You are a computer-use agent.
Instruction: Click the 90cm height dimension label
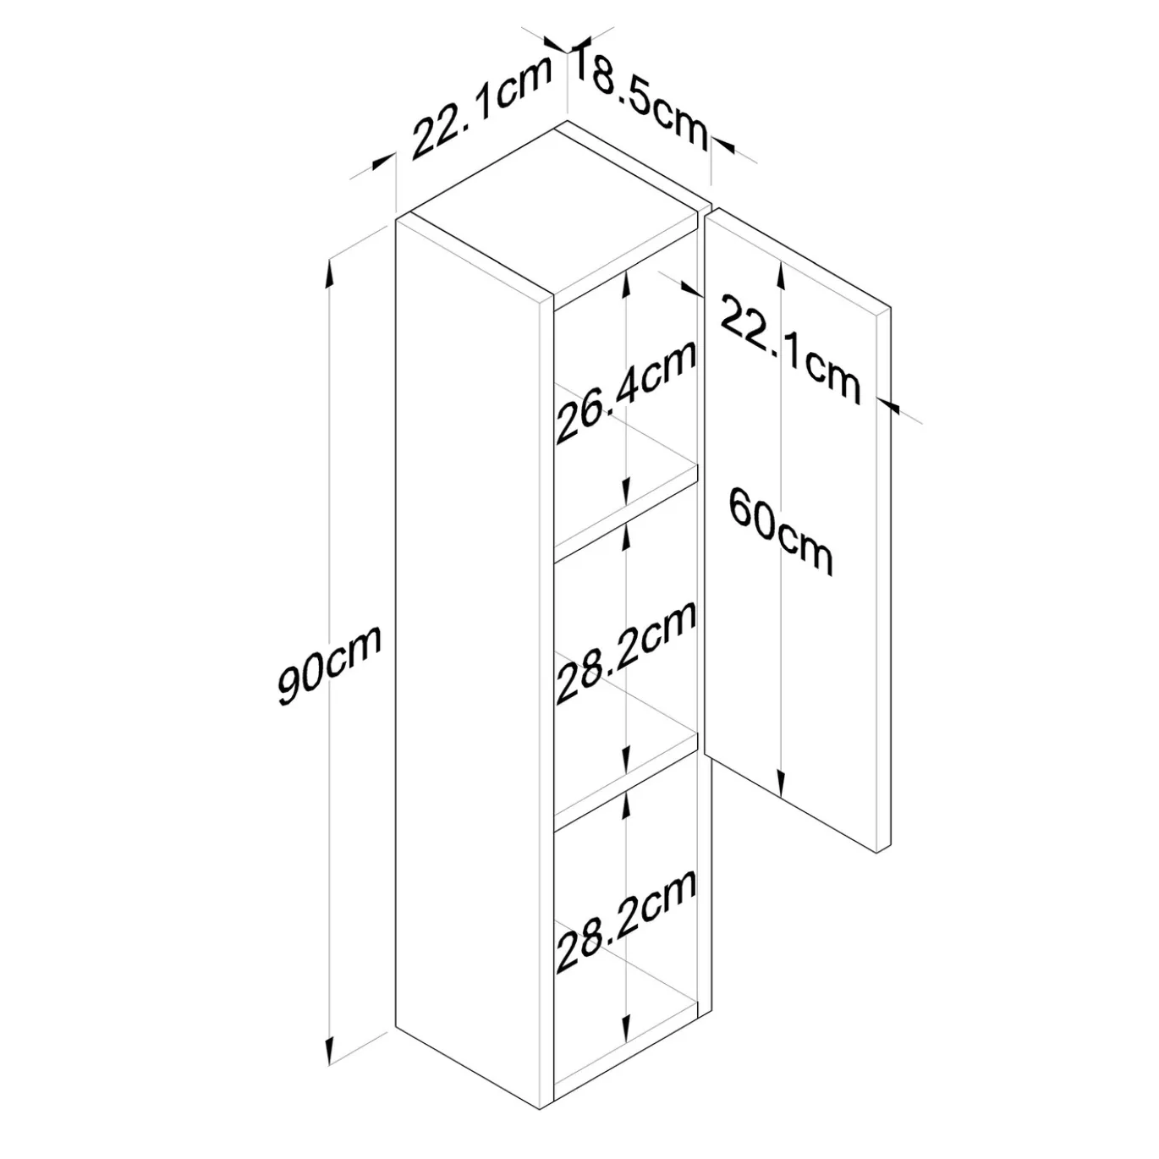point(329,665)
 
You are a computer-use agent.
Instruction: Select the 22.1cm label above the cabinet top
point(481,109)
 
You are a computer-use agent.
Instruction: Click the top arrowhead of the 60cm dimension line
point(781,274)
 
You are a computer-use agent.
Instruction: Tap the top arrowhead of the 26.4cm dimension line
point(626,283)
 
